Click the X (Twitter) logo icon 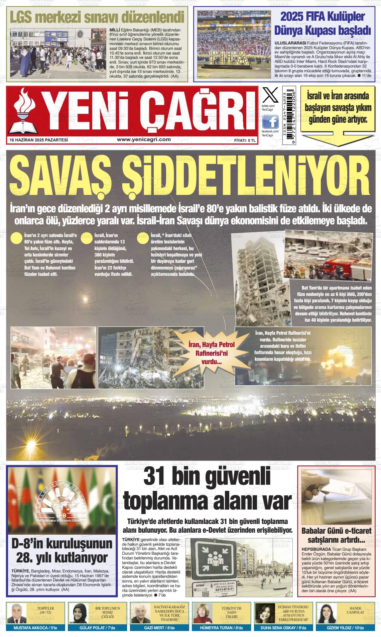click(270, 95)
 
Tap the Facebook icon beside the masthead click(270, 122)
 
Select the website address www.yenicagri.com click(144, 140)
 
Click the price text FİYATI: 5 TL click(245, 141)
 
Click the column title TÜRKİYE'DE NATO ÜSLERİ click(229, 612)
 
